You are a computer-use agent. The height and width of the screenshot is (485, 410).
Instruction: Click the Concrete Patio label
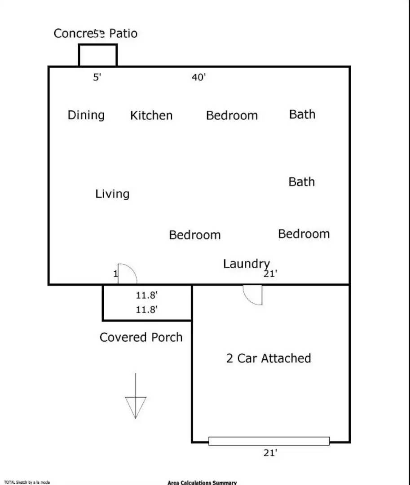tap(95, 34)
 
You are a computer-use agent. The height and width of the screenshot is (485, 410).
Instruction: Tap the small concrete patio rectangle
tap(98, 55)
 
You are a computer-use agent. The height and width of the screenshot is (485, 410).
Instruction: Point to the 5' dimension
tap(97, 77)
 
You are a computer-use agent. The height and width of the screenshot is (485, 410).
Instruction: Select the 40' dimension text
tap(198, 77)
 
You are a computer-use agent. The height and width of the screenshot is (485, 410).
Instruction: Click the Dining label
tap(86, 115)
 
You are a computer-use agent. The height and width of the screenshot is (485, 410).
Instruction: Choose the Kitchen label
tap(151, 116)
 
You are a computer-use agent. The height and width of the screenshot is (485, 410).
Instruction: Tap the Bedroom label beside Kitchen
tap(232, 116)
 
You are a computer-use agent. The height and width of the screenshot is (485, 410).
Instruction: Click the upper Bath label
tap(302, 115)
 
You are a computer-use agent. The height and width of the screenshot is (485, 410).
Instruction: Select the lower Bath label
tap(301, 182)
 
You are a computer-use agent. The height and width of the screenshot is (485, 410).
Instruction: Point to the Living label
tap(112, 194)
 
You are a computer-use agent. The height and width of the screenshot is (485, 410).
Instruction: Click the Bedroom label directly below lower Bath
tap(304, 234)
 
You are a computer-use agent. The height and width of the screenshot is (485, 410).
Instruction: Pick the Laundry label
tap(246, 264)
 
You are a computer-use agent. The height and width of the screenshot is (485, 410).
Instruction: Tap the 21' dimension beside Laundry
tap(270, 273)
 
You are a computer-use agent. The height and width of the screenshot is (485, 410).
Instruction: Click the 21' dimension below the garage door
tap(270, 453)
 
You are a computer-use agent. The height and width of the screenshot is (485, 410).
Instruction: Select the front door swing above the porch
tap(127, 274)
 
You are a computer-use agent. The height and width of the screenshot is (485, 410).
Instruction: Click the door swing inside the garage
tap(253, 295)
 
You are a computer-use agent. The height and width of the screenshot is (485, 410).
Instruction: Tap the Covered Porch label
tap(141, 337)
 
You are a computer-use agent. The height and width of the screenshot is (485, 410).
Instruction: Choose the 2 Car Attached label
tap(268, 358)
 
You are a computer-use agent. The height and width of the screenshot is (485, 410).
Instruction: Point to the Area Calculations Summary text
tap(202, 483)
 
